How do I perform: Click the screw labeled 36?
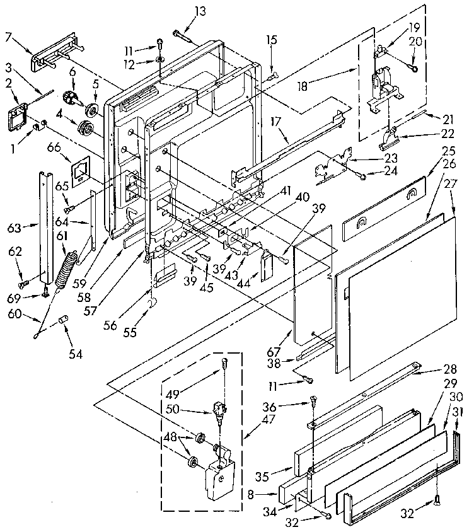click(313, 399)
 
